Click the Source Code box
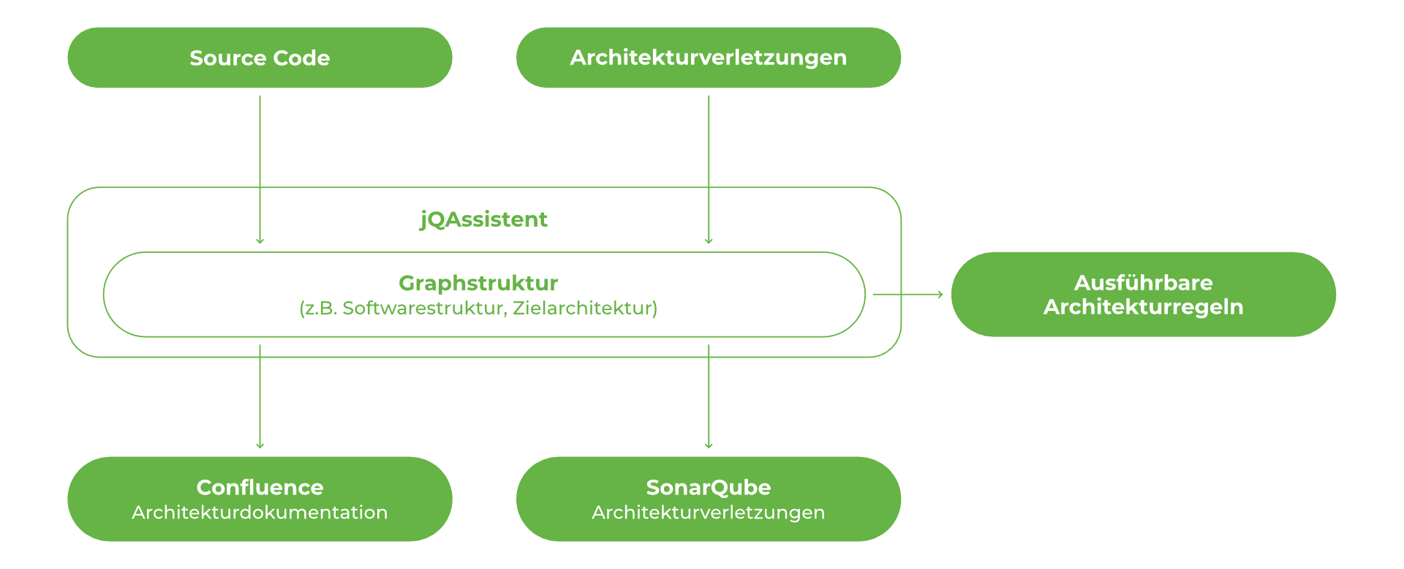click(260, 58)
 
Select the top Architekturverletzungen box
click(708, 58)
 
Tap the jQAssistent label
click(483, 219)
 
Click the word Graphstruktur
click(478, 283)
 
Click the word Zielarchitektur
click(582, 308)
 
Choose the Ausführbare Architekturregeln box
click(1143, 294)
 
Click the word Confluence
click(260, 487)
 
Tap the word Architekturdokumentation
click(260, 513)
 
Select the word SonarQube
click(708, 487)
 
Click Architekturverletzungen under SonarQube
click(708, 513)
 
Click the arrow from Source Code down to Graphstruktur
click(260, 168)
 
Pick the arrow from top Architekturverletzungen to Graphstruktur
click(708, 168)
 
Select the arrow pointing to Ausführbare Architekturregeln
click(907, 294)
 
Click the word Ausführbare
click(1143, 283)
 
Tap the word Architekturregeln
click(1143, 307)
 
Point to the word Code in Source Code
click(301, 58)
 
